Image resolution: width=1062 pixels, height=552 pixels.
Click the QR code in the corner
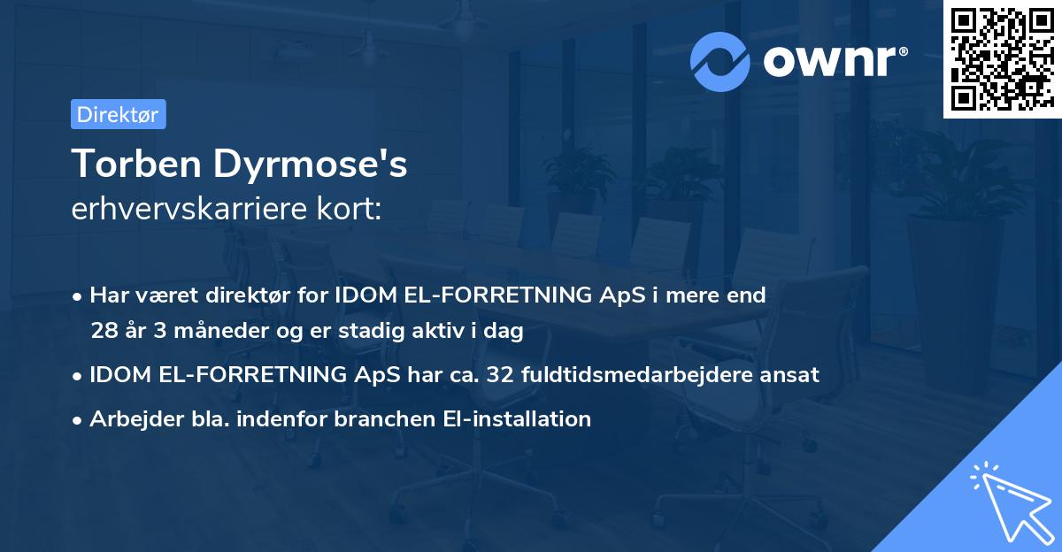tap(1001, 58)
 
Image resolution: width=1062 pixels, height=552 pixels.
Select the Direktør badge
tap(118, 114)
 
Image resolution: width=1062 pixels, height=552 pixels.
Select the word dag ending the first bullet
tap(504, 332)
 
